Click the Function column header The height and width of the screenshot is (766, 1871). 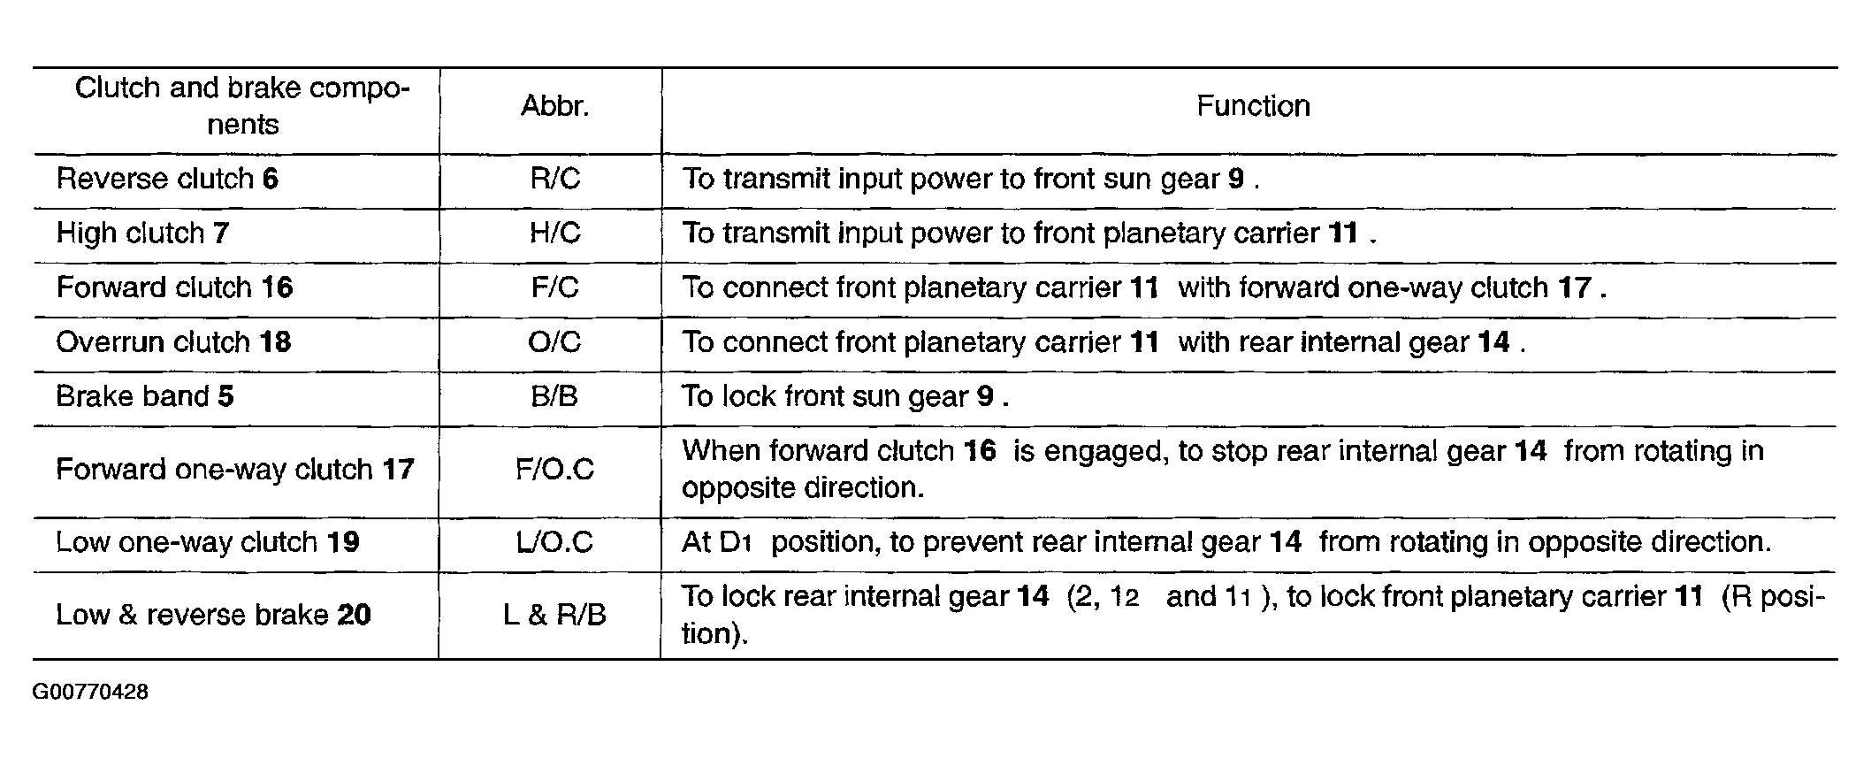pos(1253,106)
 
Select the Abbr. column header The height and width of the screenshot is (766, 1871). pos(554,106)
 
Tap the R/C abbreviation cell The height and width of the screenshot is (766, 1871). pos(554,179)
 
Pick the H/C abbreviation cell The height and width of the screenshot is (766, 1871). pos(554,233)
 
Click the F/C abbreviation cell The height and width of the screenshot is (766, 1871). pos(554,287)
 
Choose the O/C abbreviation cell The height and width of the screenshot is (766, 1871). pos(554,341)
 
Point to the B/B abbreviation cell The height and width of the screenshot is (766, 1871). pos(554,395)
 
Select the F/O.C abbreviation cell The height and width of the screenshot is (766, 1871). pos(554,469)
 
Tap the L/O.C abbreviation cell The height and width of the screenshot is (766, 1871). pos(554,541)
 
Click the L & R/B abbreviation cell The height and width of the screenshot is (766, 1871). pos(554,615)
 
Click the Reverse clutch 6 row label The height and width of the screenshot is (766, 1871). pos(167,179)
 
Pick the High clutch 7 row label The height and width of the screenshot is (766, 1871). pos(143,233)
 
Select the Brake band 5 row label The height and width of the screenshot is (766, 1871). pos(145,395)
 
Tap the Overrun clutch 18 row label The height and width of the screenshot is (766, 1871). pos(173,341)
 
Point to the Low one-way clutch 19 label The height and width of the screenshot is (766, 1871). pos(208,541)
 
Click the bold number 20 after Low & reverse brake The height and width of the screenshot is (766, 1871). pos(355,615)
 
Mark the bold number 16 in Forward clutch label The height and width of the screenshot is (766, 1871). pos(277,287)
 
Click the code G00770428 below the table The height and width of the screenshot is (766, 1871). pos(90,692)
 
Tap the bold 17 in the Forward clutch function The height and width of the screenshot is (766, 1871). pos(1575,287)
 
